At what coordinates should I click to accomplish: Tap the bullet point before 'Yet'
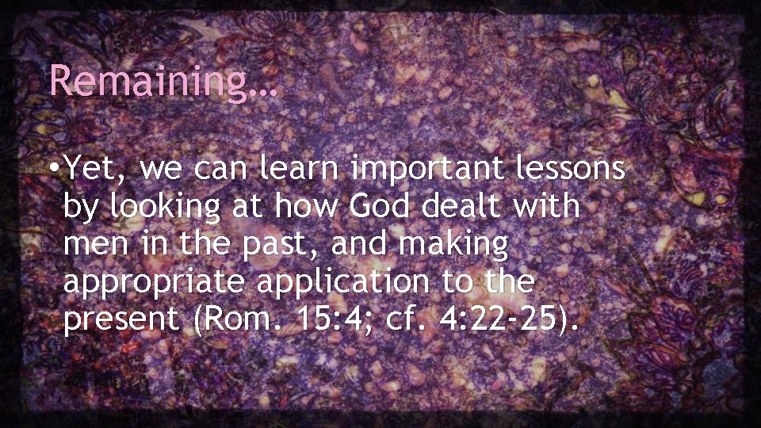point(52,168)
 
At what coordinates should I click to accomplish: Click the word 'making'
point(454,245)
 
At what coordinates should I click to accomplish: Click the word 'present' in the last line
point(120,321)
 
